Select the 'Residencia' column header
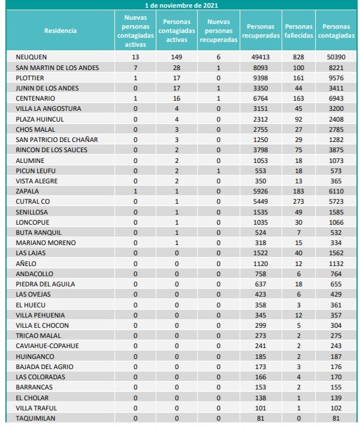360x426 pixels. coord(60,31)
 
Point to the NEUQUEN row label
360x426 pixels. coord(32,57)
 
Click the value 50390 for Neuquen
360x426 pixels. coord(335,57)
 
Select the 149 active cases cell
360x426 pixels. coord(176,57)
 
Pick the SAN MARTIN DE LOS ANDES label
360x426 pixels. coord(57,67)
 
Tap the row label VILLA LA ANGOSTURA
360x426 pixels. coord(49,108)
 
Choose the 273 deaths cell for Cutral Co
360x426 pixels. coord(298,202)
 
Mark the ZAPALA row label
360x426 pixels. coord(28,191)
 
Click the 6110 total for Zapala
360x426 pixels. coord(335,191)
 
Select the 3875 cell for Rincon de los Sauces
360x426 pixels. coord(335,150)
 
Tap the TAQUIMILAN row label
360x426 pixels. coord(36,418)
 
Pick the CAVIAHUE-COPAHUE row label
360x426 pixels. coord(47,346)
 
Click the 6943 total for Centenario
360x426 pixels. coord(335,98)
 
